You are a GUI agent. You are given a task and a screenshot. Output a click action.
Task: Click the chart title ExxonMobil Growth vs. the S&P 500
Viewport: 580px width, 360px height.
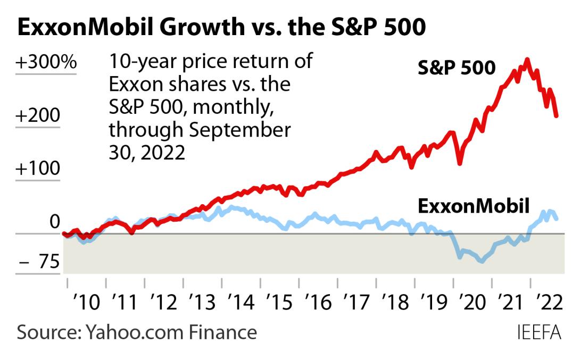221,28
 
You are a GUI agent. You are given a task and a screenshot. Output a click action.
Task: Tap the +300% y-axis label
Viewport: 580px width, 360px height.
46,63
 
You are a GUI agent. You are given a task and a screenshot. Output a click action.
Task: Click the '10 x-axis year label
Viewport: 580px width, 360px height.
87,304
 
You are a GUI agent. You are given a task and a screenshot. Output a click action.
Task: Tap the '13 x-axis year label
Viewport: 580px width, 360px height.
203,304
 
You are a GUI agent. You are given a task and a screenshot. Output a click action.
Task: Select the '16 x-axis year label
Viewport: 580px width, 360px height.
318,304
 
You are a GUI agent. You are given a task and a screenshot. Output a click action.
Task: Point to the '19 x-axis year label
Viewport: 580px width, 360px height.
434,304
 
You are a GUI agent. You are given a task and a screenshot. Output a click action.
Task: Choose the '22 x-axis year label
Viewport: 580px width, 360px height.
549,304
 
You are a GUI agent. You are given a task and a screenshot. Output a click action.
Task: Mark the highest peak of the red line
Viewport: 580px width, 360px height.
527,60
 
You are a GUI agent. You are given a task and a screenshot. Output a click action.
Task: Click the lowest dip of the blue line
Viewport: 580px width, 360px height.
482,261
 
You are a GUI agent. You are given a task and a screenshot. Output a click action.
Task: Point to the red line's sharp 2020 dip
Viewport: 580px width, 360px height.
459,162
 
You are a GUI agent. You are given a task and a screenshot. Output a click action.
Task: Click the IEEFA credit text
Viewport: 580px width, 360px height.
539,333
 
